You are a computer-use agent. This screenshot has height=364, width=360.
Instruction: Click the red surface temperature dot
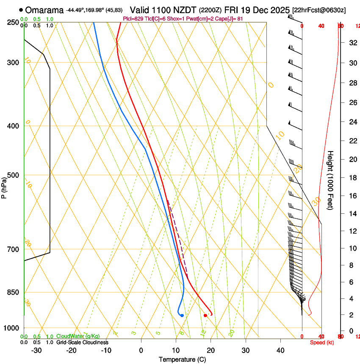pos(205,315)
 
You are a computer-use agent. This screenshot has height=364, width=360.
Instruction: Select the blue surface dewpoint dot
pos(182,315)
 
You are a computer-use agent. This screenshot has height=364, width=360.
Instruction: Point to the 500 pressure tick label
pos(14,175)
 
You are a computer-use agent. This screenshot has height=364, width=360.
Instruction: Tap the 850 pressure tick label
pos(14,292)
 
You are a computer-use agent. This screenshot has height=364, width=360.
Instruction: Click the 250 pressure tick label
pos(14,22)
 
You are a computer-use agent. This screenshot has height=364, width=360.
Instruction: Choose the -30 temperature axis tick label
pos(36,350)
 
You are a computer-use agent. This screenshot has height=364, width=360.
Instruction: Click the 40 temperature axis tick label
pos(280,350)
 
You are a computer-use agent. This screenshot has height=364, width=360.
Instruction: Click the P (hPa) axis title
pos(4,187)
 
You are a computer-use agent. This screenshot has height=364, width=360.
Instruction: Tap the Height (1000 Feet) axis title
pos(331,180)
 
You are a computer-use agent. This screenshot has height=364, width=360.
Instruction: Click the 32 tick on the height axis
pos(352,42)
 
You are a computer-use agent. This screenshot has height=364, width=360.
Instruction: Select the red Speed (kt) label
pos(322,342)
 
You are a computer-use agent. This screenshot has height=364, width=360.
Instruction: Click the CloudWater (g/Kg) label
pos(78,336)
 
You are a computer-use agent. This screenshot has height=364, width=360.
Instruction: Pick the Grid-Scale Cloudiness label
pos(82,342)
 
